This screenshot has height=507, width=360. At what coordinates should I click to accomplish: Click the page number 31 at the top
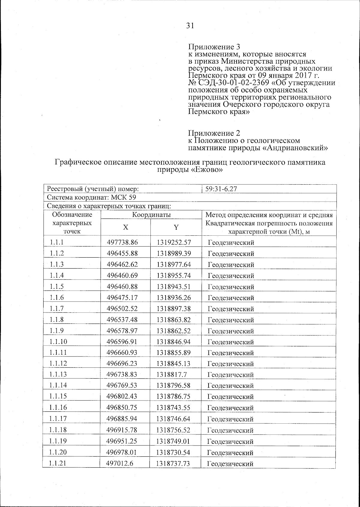190,26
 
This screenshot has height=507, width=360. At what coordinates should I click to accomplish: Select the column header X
125,227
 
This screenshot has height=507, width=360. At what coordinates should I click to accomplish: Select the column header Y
176,227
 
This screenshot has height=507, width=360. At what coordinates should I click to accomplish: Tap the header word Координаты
151,215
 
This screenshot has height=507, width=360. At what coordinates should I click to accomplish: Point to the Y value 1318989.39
174,253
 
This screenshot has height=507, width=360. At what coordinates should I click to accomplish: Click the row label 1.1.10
58,341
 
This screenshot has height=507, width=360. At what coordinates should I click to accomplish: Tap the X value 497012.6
120,463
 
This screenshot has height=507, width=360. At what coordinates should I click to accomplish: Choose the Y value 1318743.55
173,407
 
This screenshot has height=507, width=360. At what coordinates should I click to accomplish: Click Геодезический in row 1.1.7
231,309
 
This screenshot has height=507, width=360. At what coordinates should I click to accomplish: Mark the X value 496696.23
122,363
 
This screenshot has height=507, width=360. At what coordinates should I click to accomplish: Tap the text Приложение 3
214,47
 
